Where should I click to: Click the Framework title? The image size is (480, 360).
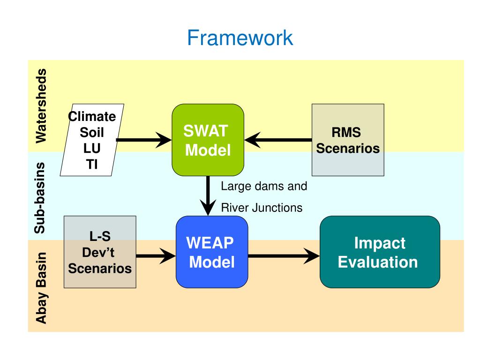pos(240,37)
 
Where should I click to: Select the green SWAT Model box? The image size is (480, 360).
pos(208,140)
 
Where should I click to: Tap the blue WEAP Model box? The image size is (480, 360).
pos(212,252)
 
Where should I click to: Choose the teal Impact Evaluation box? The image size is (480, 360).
pos(380,252)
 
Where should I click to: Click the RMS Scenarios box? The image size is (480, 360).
pos(348,140)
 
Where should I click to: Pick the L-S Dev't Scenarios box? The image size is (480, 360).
pos(100,252)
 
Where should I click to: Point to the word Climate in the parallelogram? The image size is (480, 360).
pos(92,117)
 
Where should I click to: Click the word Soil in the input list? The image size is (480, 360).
pos(92,133)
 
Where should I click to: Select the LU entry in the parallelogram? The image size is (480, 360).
pos(92,149)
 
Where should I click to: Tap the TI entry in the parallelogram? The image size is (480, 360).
pos(92,165)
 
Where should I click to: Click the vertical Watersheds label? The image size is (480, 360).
pos(41,106)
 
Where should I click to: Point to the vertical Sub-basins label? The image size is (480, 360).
pos(40,198)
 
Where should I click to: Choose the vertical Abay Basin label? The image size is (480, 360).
pos(41,288)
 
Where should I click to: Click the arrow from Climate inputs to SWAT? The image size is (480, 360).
pos(144,140)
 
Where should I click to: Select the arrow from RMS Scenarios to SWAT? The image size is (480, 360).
pos(278,140)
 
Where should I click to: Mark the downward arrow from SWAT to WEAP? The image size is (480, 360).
pos(208,196)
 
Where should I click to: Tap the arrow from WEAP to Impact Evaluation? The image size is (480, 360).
pos(284,255)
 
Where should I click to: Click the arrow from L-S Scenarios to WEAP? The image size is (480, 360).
pos(156,255)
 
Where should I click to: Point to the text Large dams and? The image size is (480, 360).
pos(264,186)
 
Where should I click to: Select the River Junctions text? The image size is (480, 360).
pos(262,208)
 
